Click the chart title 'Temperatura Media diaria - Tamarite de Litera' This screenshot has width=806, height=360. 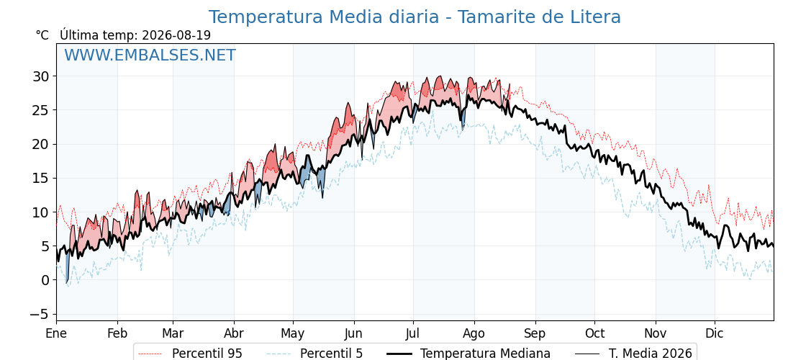point(415,17)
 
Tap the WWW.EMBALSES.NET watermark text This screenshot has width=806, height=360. point(150,55)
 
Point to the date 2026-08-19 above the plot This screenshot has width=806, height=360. point(176,35)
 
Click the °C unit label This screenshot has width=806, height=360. point(42,35)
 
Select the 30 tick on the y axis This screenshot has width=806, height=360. point(41,76)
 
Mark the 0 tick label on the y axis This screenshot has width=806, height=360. point(45,280)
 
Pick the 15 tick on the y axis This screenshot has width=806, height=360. point(41,178)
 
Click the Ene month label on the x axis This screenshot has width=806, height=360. point(56,333)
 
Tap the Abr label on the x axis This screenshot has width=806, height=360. point(235,333)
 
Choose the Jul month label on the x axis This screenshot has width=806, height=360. point(413,333)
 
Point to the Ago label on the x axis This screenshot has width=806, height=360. point(474,333)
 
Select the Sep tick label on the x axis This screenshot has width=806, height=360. point(535,333)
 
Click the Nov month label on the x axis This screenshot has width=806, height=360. point(656,333)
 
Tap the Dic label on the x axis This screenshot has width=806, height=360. point(715,333)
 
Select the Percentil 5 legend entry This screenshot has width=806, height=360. point(314,354)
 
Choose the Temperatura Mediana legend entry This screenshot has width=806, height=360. point(468,354)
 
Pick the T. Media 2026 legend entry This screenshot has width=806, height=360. point(633,354)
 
